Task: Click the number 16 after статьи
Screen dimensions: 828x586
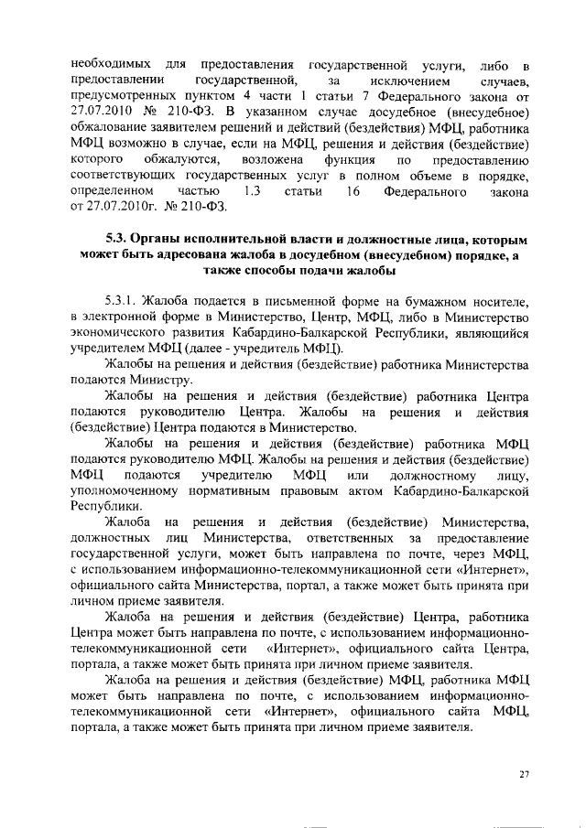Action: click(347, 192)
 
